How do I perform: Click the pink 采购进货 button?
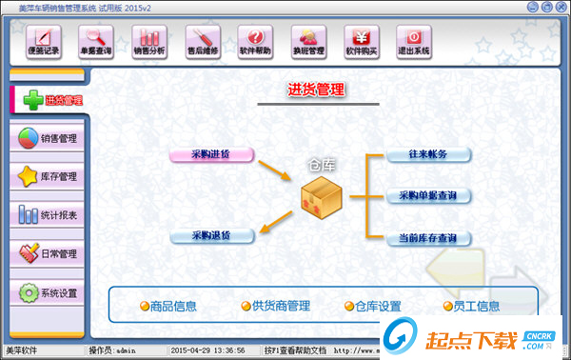point(211,153)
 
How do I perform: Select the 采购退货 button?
point(211,234)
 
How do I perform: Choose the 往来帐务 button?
point(428,153)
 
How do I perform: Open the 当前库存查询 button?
point(428,237)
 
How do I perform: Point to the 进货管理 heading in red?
point(316,90)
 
